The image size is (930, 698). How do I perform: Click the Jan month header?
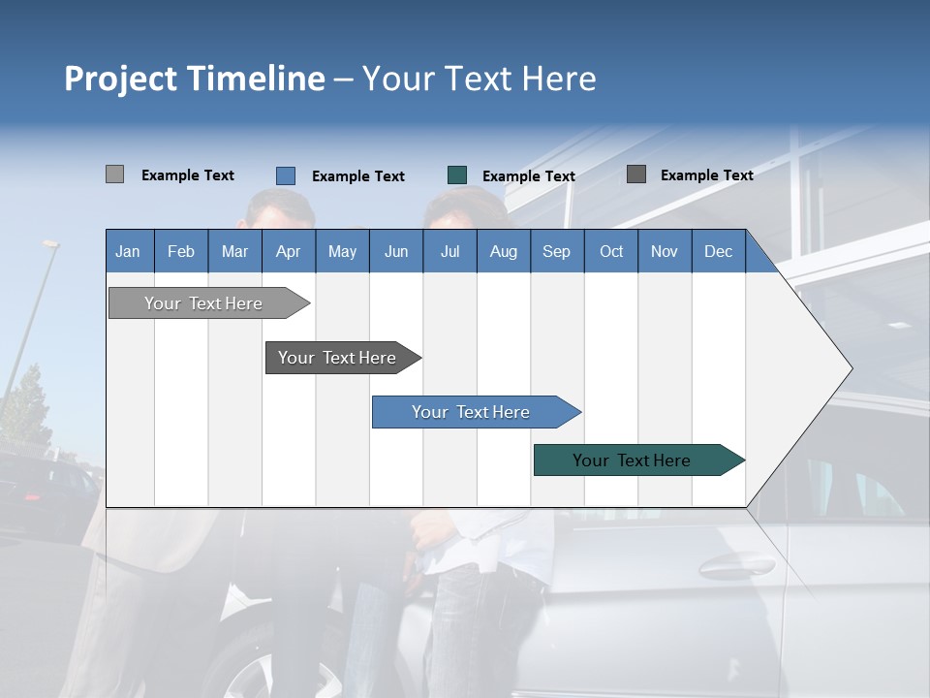pyautogui.click(x=128, y=251)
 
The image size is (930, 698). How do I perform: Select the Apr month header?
pyautogui.click(x=288, y=251)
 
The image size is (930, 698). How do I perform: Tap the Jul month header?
pyautogui.click(x=449, y=251)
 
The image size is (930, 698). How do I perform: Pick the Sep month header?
pyautogui.click(x=556, y=251)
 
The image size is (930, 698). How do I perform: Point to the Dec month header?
pyautogui.click(x=718, y=251)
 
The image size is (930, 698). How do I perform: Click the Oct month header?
pyautogui.click(x=611, y=251)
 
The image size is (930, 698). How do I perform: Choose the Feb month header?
pyautogui.click(x=181, y=251)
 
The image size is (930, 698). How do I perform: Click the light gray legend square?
pyautogui.click(x=114, y=174)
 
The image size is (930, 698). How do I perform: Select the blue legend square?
pyautogui.click(x=286, y=175)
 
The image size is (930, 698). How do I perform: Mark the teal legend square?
pyautogui.click(x=457, y=175)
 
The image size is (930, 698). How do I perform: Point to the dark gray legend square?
pyautogui.click(x=636, y=174)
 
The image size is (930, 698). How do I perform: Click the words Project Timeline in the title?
pyautogui.click(x=194, y=79)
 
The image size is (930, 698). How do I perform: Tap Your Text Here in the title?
pyautogui.click(x=479, y=79)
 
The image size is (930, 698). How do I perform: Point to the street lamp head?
pyautogui.click(x=49, y=244)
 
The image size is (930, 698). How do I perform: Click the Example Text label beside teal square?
pyautogui.click(x=528, y=176)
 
